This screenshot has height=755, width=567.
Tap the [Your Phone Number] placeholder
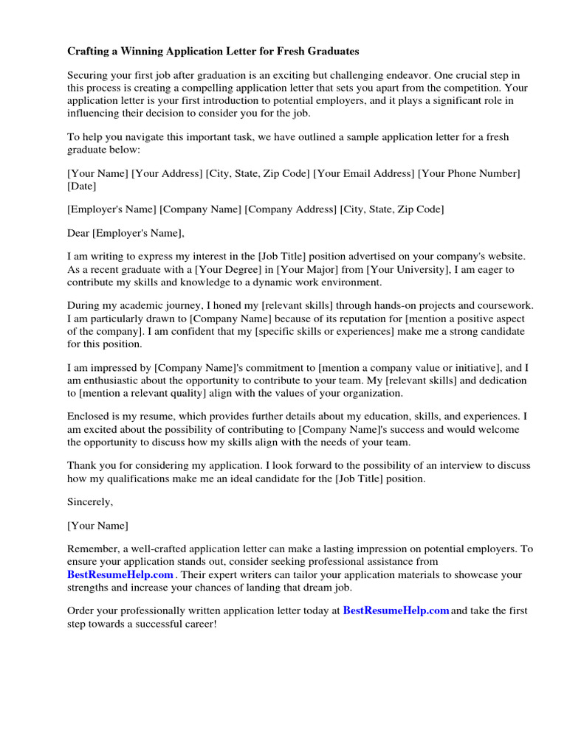pos(469,173)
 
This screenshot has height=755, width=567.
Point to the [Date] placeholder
pos(82,187)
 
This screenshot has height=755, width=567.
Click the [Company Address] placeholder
pos(291,209)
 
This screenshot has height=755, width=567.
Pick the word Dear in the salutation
pos(78,233)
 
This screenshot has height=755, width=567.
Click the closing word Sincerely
pos(91,501)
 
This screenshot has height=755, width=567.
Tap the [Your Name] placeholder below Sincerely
pos(97,526)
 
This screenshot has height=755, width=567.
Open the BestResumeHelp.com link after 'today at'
pos(396,611)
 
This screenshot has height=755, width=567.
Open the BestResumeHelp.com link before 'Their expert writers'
pos(120,574)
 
